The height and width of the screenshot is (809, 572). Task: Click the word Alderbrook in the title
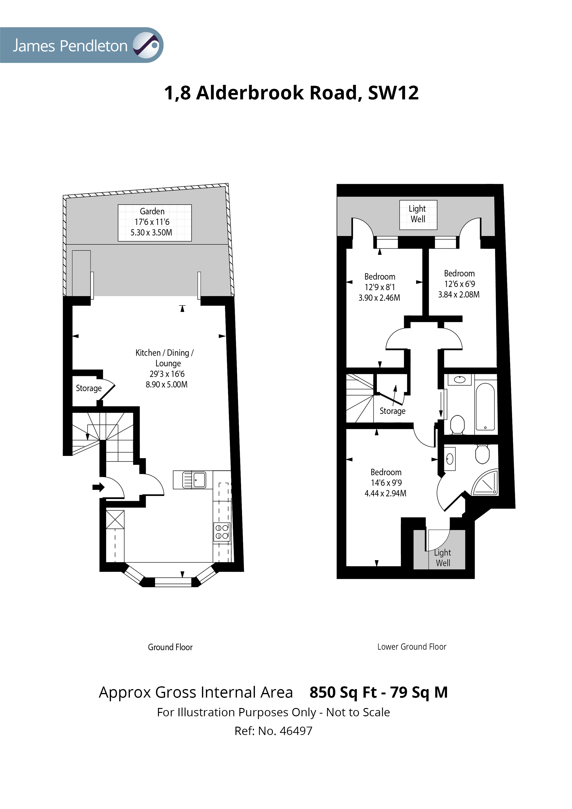250,93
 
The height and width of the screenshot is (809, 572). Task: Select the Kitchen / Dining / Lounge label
165,368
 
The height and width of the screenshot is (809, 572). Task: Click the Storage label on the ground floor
89,388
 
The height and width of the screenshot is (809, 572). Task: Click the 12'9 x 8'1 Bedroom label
380,287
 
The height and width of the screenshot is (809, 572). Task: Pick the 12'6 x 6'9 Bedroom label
459,284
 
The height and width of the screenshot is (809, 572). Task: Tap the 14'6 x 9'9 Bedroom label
386,483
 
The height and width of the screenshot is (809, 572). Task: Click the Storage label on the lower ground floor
392,411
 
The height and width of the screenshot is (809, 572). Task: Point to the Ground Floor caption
170,647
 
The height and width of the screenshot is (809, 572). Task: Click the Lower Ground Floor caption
412,647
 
